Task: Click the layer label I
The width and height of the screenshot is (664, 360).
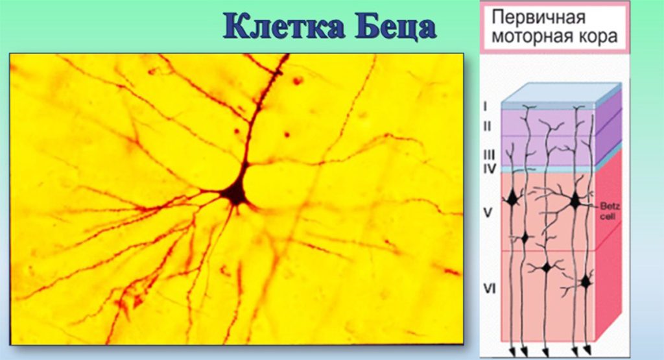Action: [485, 106]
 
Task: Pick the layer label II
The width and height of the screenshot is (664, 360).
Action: [487, 126]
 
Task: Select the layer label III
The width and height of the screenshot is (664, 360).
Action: [489, 154]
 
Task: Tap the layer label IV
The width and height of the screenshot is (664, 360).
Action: [490, 169]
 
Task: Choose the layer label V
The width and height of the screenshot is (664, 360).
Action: [488, 212]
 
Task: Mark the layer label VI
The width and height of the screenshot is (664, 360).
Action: [490, 289]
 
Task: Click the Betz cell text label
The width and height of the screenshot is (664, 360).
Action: [610, 211]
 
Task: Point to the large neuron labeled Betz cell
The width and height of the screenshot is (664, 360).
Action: [575, 200]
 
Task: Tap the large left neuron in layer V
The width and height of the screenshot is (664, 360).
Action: [513, 198]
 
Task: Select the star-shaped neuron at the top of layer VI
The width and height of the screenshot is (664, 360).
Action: [547, 268]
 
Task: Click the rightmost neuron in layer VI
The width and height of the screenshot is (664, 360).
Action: [586, 282]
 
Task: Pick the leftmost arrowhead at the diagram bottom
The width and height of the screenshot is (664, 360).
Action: [512, 352]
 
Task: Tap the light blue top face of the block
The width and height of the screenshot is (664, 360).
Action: [561, 93]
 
